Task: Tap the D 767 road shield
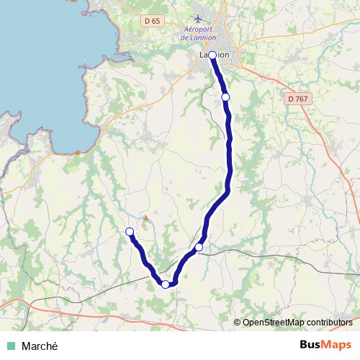click(297, 98)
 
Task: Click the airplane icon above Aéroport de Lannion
click(199, 17)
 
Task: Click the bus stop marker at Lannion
click(212, 55)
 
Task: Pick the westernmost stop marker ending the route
click(130, 231)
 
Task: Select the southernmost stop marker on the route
click(166, 284)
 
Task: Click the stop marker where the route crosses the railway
click(199, 248)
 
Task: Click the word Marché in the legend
click(39, 346)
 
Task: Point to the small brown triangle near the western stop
click(145, 217)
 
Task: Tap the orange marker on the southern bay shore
click(78, 152)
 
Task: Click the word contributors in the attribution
click(328, 322)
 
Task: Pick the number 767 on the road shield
click(301, 98)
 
